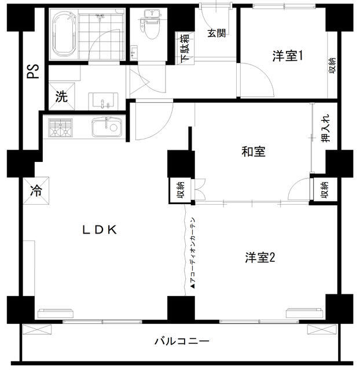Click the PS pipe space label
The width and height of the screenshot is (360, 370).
[33, 71]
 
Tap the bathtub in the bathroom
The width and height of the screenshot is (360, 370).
[64, 34]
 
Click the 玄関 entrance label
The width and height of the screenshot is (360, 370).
[216, 34]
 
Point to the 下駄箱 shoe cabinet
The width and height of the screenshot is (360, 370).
[185, 48]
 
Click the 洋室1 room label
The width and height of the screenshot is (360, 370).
[287, 56]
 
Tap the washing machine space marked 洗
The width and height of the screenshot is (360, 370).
[61, 96]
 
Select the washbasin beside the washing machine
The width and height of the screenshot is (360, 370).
[103, 101]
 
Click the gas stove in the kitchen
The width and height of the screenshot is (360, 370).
[60, 128]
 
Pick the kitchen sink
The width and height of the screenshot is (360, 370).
[107, 127]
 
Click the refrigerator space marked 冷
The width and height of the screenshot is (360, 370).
[36, 190]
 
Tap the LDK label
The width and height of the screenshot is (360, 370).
[100, 230]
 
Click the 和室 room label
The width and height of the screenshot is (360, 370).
[254, 151]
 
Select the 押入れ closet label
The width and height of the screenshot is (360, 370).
[326, 128]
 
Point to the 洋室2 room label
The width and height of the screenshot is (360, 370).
[260, 257]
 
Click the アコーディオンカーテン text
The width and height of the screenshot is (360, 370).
[193, 253]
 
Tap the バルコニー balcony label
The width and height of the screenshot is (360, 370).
[182, 341]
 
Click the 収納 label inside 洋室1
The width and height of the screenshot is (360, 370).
[333, 65]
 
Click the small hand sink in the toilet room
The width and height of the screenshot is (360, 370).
[134, 51]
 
